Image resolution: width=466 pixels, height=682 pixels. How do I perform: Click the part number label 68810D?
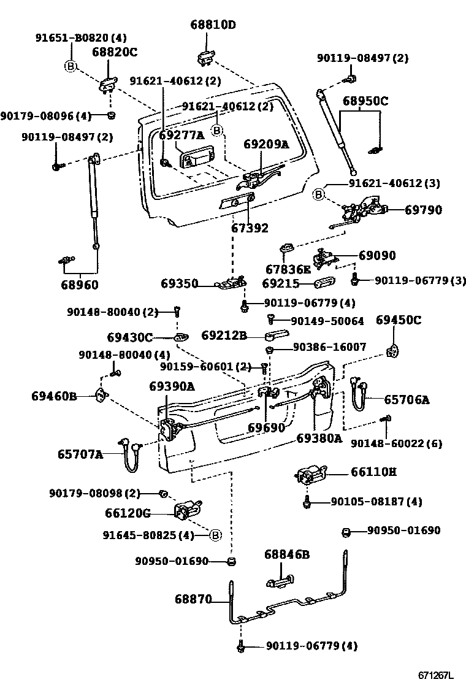[x=213, y=25]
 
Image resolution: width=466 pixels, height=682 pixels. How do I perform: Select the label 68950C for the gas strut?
[x=365, y=101]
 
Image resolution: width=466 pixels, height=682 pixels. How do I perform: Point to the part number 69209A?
[x=265, y=144]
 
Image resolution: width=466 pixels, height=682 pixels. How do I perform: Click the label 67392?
[x=250, y=228]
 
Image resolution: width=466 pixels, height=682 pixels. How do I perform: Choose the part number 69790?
[x=423, y=210]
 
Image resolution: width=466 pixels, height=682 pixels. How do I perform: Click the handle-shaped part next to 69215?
[x=323, y=283]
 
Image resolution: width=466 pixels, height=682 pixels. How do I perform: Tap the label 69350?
[x=180, y=284]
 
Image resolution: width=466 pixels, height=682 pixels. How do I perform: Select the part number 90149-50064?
[x=327, y=321]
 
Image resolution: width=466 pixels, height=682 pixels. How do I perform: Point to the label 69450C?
[x=399, y=320]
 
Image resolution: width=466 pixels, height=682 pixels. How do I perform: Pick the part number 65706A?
[x=407, y=400]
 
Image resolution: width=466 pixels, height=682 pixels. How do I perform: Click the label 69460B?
[x=54, y=396]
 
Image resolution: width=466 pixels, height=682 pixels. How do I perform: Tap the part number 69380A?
[x=319, y=438]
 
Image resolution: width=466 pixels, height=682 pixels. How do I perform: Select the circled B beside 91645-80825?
[x=215, y=535]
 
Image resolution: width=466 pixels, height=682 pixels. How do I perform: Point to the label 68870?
[x=193, y=598]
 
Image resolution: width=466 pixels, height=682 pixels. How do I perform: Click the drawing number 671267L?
[x=436, y=675]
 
